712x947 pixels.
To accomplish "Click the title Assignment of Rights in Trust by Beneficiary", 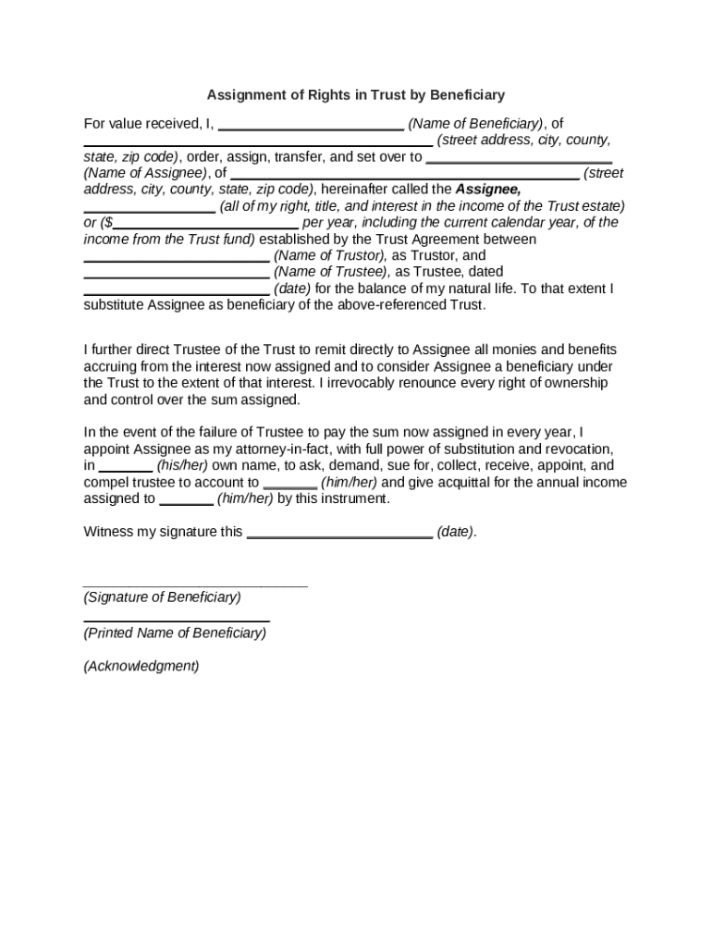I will [356, 94].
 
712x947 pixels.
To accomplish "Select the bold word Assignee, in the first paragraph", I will [488, 190].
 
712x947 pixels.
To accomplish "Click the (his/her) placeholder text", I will [182, 466].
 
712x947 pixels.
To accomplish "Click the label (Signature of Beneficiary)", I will [162, 597].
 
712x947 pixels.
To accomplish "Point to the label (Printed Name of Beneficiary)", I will [175, 633].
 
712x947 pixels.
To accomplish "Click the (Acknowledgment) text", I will [141, 666].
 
